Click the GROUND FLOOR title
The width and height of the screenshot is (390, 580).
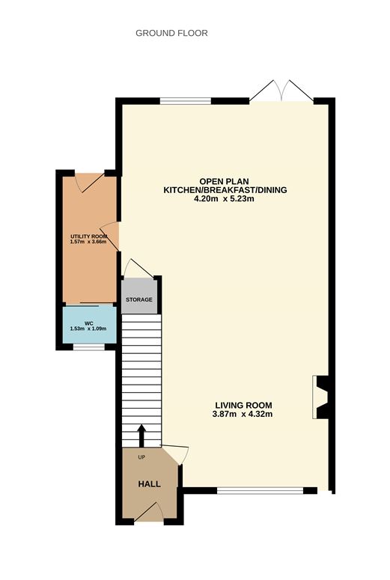coord(171,33)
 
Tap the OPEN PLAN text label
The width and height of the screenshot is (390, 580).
coord(225,181)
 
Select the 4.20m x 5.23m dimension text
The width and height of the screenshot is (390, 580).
coord(225,199)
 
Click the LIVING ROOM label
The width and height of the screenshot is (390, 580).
coord(244,406)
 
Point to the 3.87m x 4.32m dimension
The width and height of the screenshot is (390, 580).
coord(243,415)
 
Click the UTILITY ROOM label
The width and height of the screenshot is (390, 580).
coord(89,236)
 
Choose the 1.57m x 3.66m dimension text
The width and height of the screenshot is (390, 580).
coord(88,242)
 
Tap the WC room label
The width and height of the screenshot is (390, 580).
coord(88,323)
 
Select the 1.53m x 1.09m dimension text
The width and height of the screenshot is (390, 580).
coord(88,329)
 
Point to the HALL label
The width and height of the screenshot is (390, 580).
coord(150,483)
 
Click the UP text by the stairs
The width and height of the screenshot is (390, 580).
coord(141,457)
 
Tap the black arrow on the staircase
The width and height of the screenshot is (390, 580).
coord(141,436)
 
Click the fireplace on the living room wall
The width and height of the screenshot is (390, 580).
coord(320,397)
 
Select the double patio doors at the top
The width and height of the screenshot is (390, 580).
coord(281,91)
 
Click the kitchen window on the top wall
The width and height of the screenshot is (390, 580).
coord(186,101)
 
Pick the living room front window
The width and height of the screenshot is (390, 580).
coord(260,491)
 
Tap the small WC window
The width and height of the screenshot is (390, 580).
coord(89,347)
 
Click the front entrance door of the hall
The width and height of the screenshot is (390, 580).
coord(149,512)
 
